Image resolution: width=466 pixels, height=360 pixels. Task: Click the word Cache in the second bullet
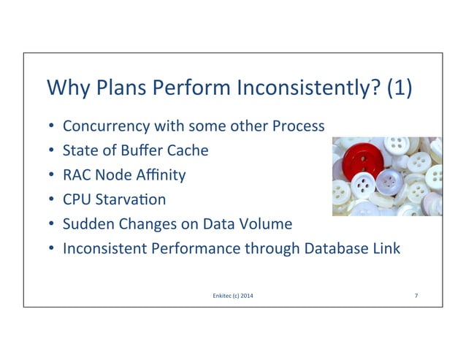(x=189, y=150)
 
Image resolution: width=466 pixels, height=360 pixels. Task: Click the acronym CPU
(x=77, y=199)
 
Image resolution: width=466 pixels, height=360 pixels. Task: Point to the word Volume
(x=267, y=224)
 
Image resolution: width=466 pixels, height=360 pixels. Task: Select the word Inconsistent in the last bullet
(x=105, y=249)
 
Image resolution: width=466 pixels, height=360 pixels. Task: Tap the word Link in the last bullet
(x=385, y=249)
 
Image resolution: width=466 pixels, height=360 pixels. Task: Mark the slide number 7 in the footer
(x=416, y=294)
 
